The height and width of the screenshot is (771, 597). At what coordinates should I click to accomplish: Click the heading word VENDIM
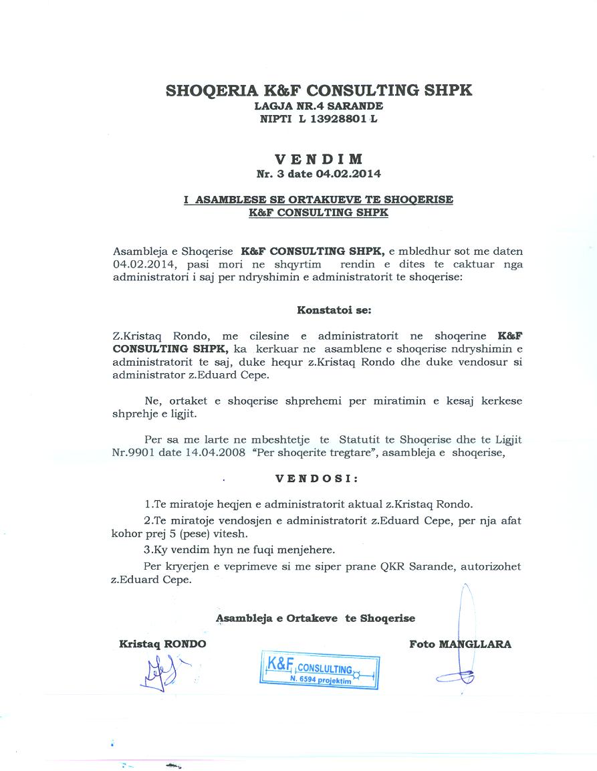[x=319, y=159]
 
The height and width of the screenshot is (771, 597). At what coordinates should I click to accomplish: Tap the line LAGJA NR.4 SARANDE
[x=318, y=106]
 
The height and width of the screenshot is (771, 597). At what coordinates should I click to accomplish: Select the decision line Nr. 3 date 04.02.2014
[x=318, y=174]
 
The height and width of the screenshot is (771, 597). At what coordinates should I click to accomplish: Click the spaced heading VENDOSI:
[x=317, y=479]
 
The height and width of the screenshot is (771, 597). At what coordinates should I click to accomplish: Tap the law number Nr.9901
[x=134, y=452]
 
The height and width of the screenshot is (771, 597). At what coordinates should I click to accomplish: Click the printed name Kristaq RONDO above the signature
[x=162, y=644]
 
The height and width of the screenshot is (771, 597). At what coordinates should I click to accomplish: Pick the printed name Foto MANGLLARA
[x=460, y=644]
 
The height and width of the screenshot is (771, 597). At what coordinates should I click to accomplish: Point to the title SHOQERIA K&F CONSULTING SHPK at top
[x=318, y=90]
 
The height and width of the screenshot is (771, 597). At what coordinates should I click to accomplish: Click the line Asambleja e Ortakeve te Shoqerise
[x=315, y=619]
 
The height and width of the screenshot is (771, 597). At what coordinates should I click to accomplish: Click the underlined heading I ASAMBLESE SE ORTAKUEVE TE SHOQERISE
[x=318, y=200]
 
